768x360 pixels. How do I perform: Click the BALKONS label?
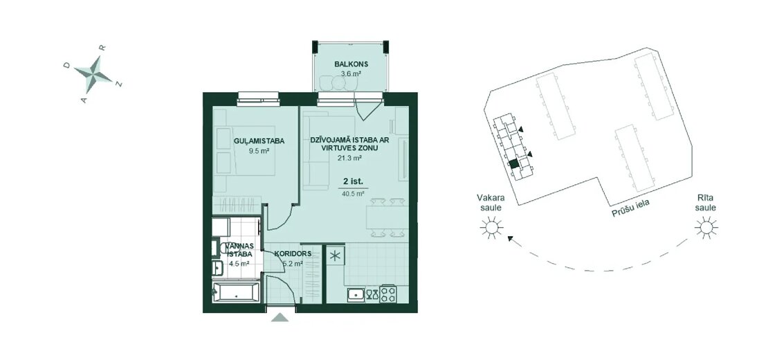pos(351,64)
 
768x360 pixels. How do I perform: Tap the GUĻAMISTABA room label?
pos(259,141)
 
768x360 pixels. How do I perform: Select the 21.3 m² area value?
pos(349,159)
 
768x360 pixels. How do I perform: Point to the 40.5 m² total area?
pos(353,194)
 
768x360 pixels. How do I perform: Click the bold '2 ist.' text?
pos(353,181)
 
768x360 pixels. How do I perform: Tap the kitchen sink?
pos(356,294)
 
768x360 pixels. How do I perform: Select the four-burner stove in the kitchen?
pos(388,294)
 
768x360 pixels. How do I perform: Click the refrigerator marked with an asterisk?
pos(336,255)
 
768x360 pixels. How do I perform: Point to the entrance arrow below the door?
pos(280,317)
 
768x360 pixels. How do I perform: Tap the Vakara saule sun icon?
pos(491,228)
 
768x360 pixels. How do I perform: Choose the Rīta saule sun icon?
pos(706,228)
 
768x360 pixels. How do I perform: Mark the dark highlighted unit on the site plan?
pos(513,165)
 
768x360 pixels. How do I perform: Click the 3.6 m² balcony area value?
pos(351,74)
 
